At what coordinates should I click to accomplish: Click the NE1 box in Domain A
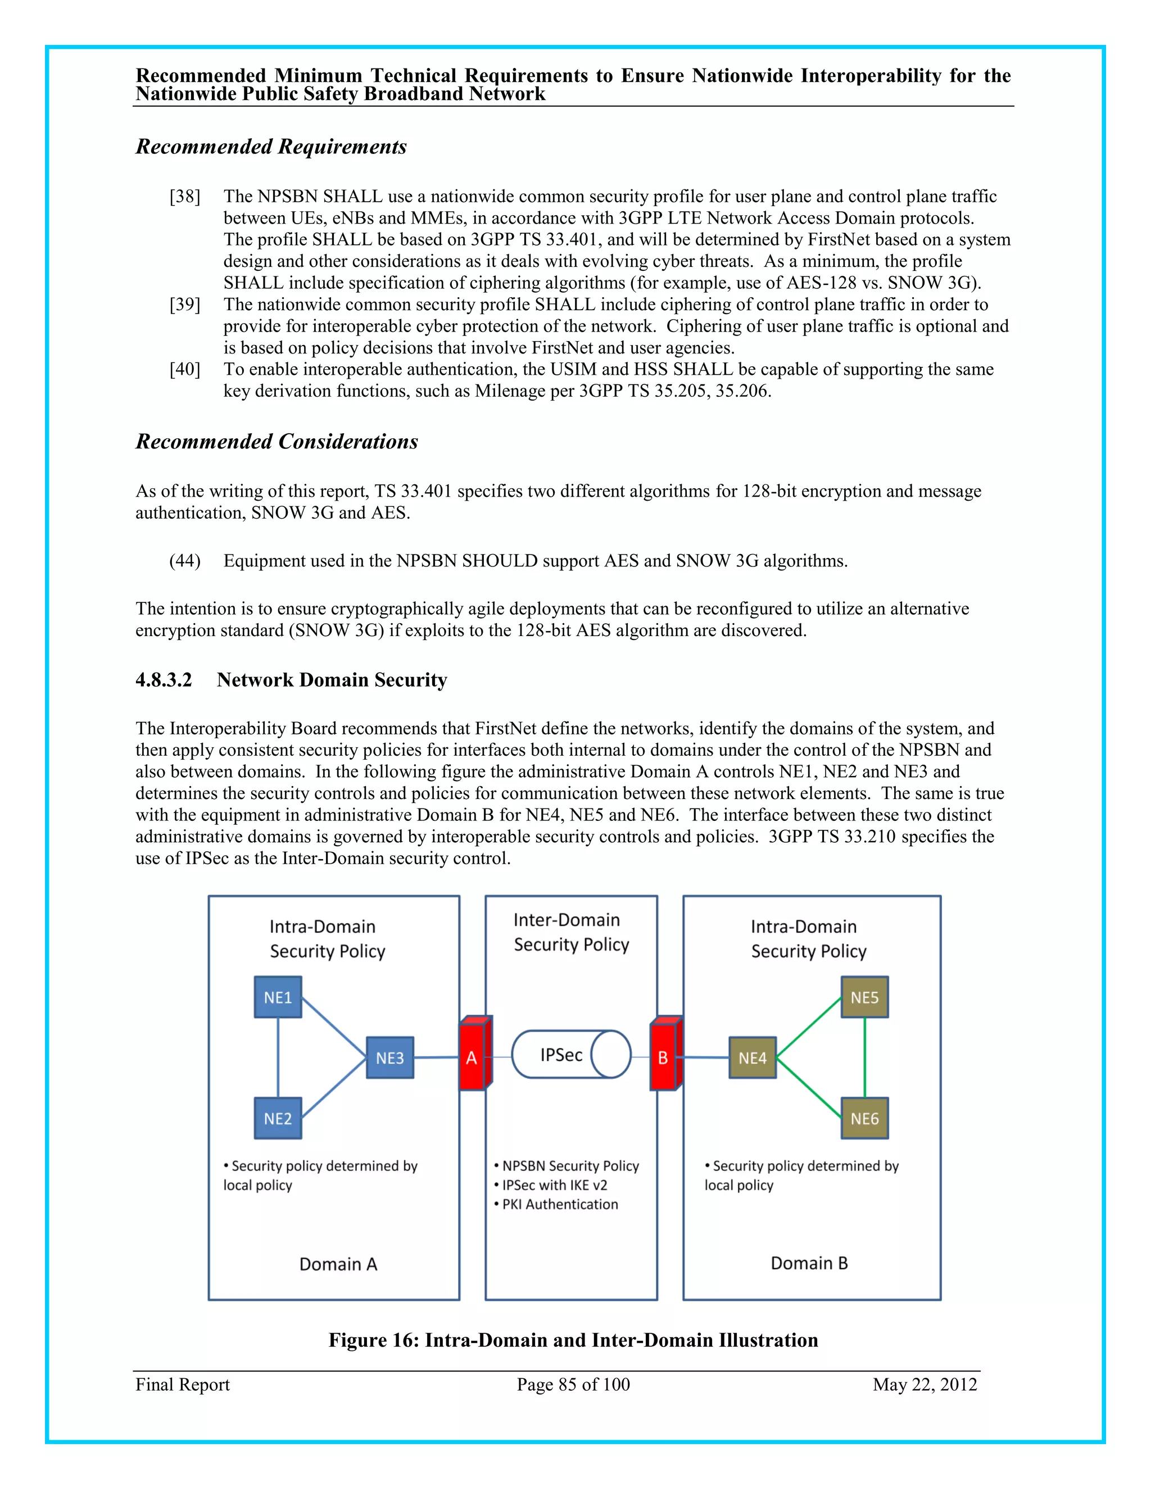278,997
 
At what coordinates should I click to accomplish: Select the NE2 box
278,1118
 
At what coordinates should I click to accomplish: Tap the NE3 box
389,1057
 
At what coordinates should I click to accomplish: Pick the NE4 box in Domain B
752,1057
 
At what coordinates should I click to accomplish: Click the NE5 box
864,997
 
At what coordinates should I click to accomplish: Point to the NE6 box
864,1118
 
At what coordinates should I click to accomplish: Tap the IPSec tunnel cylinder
571,1054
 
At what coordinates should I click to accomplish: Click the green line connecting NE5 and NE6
864,1057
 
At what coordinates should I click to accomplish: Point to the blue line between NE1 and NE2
278,1057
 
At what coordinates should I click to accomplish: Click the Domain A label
338,1264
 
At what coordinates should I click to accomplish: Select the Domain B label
809,1263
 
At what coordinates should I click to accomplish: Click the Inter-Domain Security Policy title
571,932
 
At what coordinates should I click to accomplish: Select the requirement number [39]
185,304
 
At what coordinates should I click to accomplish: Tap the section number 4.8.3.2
164,680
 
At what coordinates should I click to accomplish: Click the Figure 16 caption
573,1340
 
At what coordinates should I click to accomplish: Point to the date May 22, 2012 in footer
925,1384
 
